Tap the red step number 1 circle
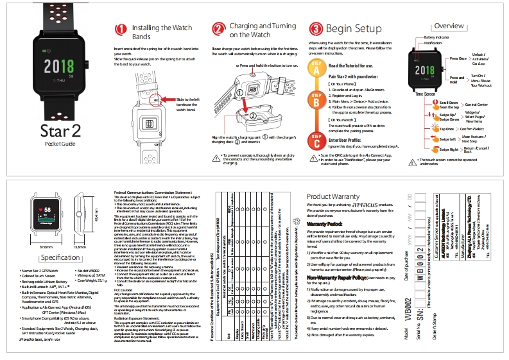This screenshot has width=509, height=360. click(x=121, y=30)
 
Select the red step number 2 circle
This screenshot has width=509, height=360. click(x=218, y=30)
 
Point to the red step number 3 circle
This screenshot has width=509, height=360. click(x=316, y=30)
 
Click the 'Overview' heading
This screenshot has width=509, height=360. click(x=449, y=26)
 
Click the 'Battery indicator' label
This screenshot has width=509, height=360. click(x=436, y=38)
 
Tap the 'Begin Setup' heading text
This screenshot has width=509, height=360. click(x=354, y=30)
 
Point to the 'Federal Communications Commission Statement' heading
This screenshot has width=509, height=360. click(x=152, y=192)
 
